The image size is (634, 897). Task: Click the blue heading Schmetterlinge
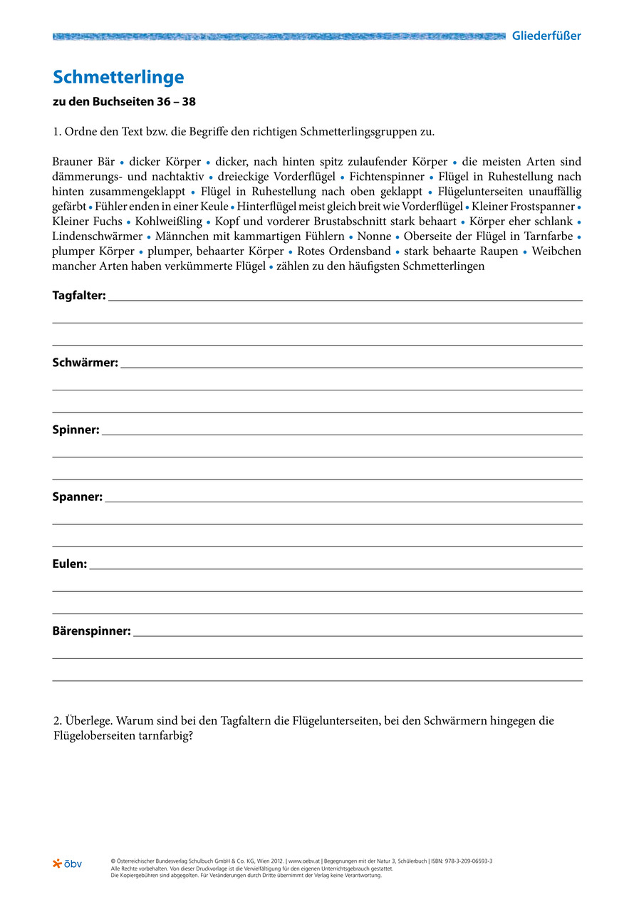(118, 78)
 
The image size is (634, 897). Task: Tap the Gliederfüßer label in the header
(546, 36)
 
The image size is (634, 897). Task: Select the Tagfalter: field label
(79, 296)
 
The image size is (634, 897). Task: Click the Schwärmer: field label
(85, 363)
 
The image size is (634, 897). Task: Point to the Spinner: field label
(76, 430)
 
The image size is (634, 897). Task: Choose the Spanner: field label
(78, 497)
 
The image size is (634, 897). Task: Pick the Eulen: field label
(70, 564)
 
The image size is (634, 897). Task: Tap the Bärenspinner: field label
(92, 631)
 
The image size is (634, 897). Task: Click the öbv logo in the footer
(68, 864)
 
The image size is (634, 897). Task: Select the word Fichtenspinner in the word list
(387, 177)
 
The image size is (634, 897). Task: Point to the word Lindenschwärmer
(98, 237)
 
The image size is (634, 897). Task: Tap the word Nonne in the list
(374, 237)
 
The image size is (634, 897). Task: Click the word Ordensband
(365, 252)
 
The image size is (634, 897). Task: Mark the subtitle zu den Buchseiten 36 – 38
(124, 102)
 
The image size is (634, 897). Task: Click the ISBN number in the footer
(463, 861)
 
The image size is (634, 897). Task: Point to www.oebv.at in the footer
(304, 861)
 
